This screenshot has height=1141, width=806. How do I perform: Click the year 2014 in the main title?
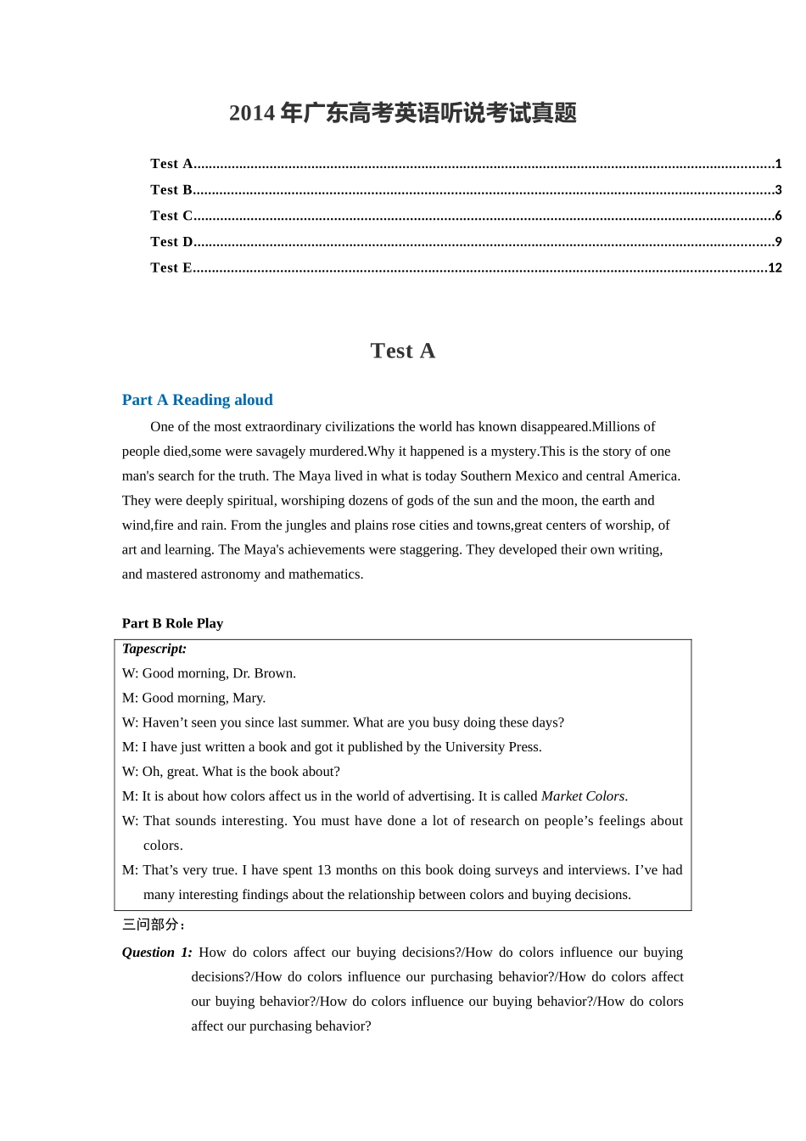[252, 113]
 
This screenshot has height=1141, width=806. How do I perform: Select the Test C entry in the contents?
[172, 216]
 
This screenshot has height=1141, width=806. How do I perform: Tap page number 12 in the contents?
[774, 267]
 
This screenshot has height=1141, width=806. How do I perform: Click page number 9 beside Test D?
[778, 242]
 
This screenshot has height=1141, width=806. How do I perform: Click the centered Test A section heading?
[402, 351]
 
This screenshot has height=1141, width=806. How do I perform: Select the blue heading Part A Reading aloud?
[197, 400]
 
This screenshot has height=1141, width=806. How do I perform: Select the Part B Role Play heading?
[172, 623]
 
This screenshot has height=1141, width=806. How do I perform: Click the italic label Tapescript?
[154, 649]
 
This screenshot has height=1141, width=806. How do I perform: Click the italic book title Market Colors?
[583, 796]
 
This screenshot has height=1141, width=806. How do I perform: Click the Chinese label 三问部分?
[152, 925]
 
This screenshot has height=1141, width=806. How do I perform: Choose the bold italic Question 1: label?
[156, 953]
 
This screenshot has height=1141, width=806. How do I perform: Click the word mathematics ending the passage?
[325, 575]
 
